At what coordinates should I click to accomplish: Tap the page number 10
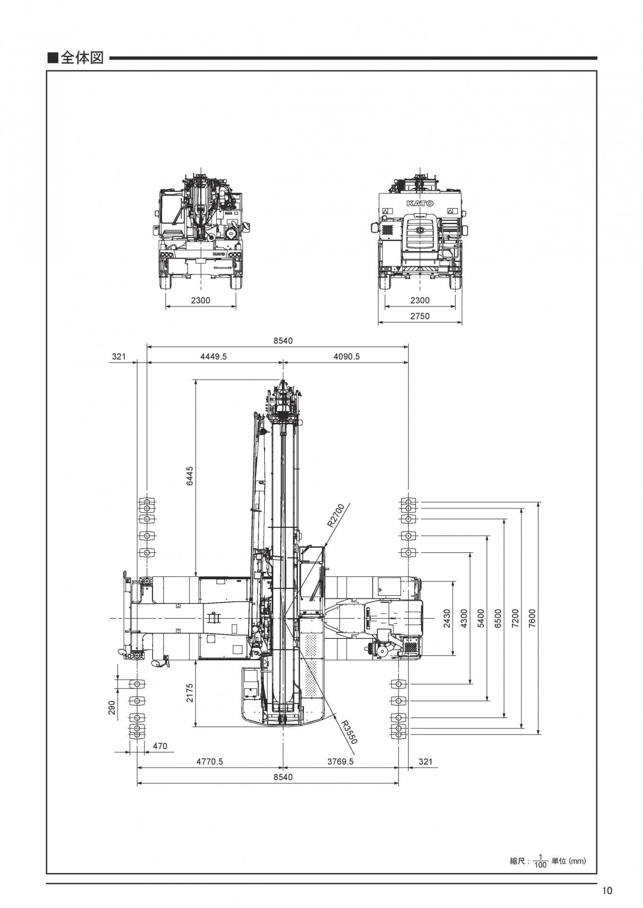tap(607, 891)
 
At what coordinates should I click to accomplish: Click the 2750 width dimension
tap(420, 316)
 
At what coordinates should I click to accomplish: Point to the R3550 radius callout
tap(348, 732)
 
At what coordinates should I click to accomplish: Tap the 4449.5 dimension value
tap(213, 357)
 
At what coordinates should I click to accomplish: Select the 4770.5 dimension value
tap(209, 761)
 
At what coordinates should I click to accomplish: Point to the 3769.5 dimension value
tap(340, 761)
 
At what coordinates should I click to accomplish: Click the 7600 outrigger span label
tap(532, 618)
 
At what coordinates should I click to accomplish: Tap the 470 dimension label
tap(160, 746)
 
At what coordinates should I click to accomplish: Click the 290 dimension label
tap(112, 707)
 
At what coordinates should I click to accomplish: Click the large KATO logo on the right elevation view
tap(420, 203)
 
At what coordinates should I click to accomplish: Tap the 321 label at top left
tap(119, 357)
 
